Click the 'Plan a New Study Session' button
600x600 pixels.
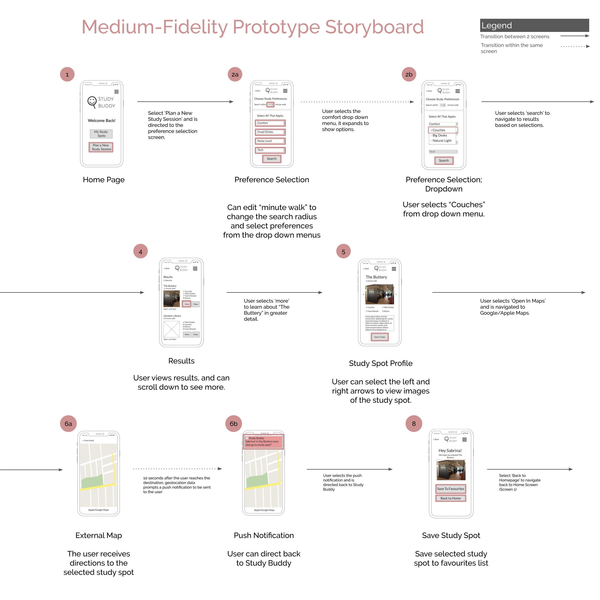(101, 147)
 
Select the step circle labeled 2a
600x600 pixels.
(235, 75)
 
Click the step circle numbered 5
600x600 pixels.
(343, 252)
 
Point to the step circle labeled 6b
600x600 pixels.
(234, 424)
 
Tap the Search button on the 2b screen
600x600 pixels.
(444, 161)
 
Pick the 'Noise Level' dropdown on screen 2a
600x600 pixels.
(270, 141)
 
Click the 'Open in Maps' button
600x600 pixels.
(379, 337)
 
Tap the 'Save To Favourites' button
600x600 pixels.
(451, 489)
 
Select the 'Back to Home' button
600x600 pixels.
(451, 498)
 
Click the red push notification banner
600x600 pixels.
(263, 442)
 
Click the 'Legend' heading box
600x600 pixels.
(534, 25)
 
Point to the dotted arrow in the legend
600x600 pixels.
(575, 46)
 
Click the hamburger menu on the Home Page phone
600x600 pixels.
(116, 92)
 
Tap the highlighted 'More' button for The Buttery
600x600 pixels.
(187, 304)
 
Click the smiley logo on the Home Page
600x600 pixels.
(92, 102)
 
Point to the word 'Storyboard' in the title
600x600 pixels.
(374, 27)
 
